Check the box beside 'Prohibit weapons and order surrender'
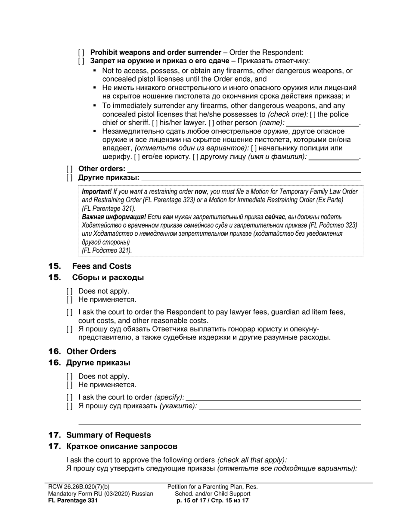[81, 52]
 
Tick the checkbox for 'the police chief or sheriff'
[312, 114]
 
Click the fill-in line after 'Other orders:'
[244, 169]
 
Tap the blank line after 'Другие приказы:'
[251, 178]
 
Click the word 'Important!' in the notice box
[97, 192]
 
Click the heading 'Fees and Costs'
[102, 266]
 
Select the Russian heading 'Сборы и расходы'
[108, 277]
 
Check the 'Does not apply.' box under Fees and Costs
[69, 291]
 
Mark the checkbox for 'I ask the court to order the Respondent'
[69, 312]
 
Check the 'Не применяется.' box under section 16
[69, 385]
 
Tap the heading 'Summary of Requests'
[108, 435]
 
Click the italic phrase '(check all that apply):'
[252, 459]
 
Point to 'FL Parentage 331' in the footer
[73, 501]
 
